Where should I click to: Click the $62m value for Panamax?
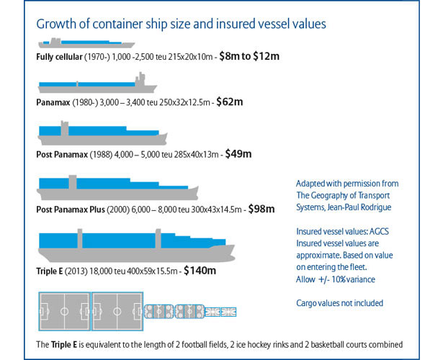click(228, 102)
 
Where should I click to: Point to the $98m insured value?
click(261, 209)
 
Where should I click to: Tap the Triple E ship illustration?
click(135, 245)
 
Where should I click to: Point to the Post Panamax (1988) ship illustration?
click(101, 133)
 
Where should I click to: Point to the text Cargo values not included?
click(339, 302)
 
